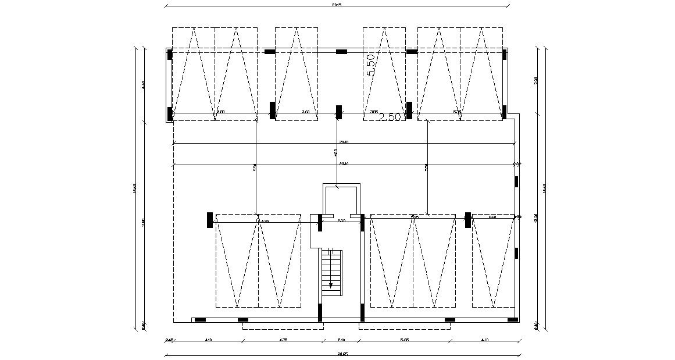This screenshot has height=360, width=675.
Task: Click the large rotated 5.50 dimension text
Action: click(x=370, y=65)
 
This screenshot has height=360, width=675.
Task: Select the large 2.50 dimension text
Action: click(x=390, y=117)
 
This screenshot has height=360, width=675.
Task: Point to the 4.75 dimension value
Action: click(x=283, y=340)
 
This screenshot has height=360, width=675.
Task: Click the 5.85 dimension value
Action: click(x=405, y=340)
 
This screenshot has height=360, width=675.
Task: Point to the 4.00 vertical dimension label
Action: click(x=335, y=152)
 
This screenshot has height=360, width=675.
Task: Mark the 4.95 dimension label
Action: click(x=265, y=221)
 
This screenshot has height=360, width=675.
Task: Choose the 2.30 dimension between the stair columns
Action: click(x=341, y=220)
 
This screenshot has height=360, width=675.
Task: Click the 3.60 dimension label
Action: click(x=305, y=112)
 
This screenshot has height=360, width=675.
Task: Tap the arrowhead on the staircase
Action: click(x=331, y=286)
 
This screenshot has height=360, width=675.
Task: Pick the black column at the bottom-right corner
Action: click(x=512, y=319)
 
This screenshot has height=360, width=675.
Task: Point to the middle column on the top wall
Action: click(x=341, y=52)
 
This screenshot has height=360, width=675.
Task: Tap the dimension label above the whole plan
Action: click(x=337, y=5)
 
